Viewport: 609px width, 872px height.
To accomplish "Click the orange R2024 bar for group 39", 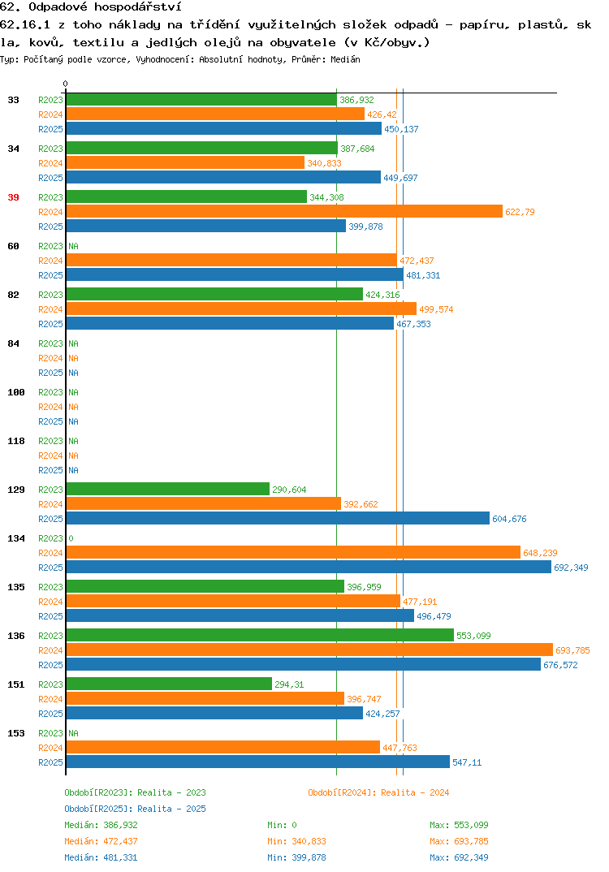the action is [284, 212].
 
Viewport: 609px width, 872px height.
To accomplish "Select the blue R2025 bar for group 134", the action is [309, 568].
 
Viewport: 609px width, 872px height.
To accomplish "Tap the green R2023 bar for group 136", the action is [260, 635].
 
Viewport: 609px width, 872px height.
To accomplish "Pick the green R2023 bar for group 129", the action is [168, 489].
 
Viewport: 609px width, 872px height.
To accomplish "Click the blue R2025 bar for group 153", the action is [258, 762].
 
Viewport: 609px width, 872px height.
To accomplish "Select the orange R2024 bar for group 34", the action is [185, 163].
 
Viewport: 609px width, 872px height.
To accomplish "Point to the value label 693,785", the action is [572, 650].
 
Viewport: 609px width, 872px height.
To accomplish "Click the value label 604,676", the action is [509, 519].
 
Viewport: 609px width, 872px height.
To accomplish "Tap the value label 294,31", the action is [289, 684].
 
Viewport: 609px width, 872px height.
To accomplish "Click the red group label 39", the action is [13, 197].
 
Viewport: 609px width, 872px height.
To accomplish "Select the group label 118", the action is [16, 441].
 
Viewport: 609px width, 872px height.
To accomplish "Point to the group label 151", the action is [16, 684].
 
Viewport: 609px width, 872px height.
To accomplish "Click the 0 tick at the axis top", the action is [65, 84].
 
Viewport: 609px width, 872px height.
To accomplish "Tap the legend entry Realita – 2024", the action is [415, 792].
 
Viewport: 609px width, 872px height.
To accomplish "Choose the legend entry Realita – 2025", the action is [172, 809].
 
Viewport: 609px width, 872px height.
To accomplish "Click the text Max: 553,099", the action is [459, 825].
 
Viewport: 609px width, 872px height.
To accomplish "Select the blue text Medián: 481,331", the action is [101, 857].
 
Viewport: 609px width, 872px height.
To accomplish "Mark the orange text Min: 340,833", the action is [296, 841].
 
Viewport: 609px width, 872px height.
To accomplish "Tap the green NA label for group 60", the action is [73, 246].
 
